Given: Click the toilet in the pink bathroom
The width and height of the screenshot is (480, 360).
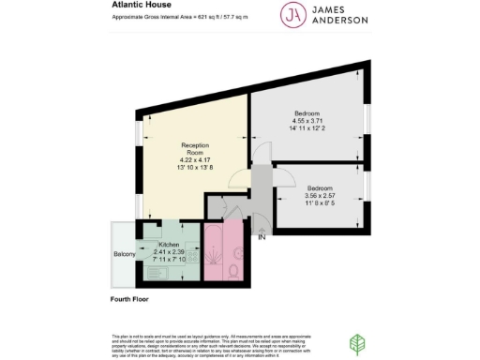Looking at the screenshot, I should [x=233, y=271].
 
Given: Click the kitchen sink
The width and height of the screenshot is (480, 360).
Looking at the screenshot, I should [x=154, y=274].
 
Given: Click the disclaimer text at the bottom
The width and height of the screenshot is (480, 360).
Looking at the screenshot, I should [x=216, y=342].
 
